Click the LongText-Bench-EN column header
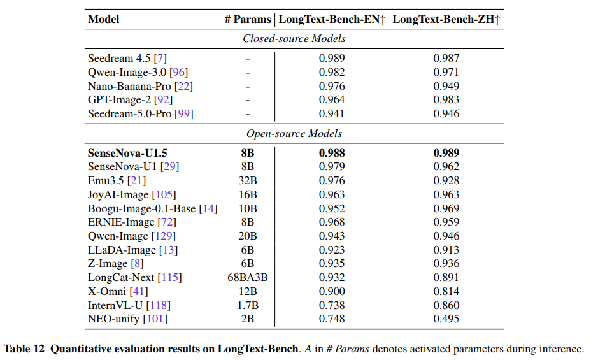(332, 20)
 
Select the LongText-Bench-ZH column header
(446, 20)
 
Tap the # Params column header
(248, 20)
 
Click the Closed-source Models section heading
(294, 39)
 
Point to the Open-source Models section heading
(294, 134)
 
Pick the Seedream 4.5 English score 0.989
(332, 59)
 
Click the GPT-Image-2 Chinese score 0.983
(446, 100)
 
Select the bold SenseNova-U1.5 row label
(127, 153)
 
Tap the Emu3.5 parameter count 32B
(248, 180)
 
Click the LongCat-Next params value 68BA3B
(248, 277)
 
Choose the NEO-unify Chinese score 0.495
(446, 319)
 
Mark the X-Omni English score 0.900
(332, 291)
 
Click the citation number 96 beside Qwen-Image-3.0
(179, 73)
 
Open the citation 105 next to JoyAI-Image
(164, 194)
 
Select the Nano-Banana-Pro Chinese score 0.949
(446, 86)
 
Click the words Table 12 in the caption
(24, 349)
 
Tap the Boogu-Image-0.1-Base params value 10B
(248, 208)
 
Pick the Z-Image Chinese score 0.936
(446, 264)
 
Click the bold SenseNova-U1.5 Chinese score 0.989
(446, 153)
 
